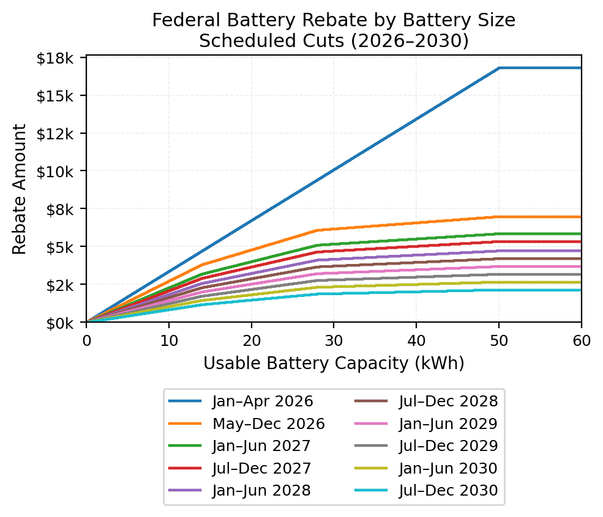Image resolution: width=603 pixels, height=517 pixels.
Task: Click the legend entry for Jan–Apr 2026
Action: [x=263, y=402]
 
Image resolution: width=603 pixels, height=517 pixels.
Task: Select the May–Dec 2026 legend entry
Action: [x=268, y=424]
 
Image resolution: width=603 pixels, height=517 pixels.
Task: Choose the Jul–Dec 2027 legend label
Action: [x=261, y=468]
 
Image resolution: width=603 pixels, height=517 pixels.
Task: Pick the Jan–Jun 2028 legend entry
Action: [x=261, y=490]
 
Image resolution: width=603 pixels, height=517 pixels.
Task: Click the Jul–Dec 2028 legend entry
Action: [x=448, y=402]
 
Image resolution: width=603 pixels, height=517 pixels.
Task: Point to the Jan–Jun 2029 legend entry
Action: [x=448, y=424]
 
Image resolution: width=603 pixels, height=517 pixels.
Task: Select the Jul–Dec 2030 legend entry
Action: [x=448, y=490]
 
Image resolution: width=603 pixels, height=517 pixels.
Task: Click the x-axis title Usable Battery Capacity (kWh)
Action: [x=334, y=364]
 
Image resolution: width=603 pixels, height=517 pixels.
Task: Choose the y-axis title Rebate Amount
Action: [x=20, y=189]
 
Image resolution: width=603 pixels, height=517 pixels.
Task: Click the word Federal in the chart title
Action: [x=182, y=20]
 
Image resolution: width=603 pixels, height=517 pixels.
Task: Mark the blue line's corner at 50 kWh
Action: [x=499, y=68]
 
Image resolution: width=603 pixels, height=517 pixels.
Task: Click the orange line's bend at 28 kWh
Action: [x=317, y=230]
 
